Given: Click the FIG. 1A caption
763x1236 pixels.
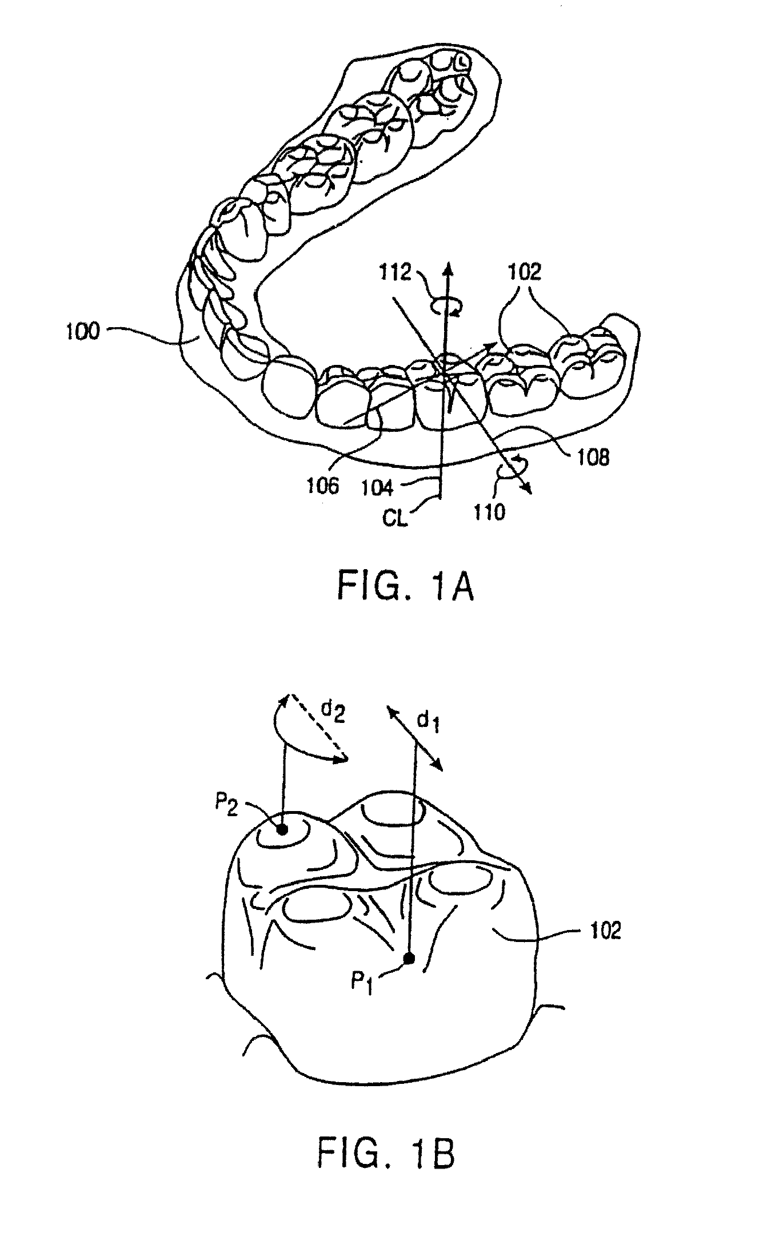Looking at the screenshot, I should pyautogui.click(x=405, y=587).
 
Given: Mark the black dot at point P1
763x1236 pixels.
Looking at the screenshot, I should pyautogui.click(x=408, y=970).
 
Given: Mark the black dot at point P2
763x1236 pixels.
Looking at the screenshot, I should pyautogui.click(x=281, y=829).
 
